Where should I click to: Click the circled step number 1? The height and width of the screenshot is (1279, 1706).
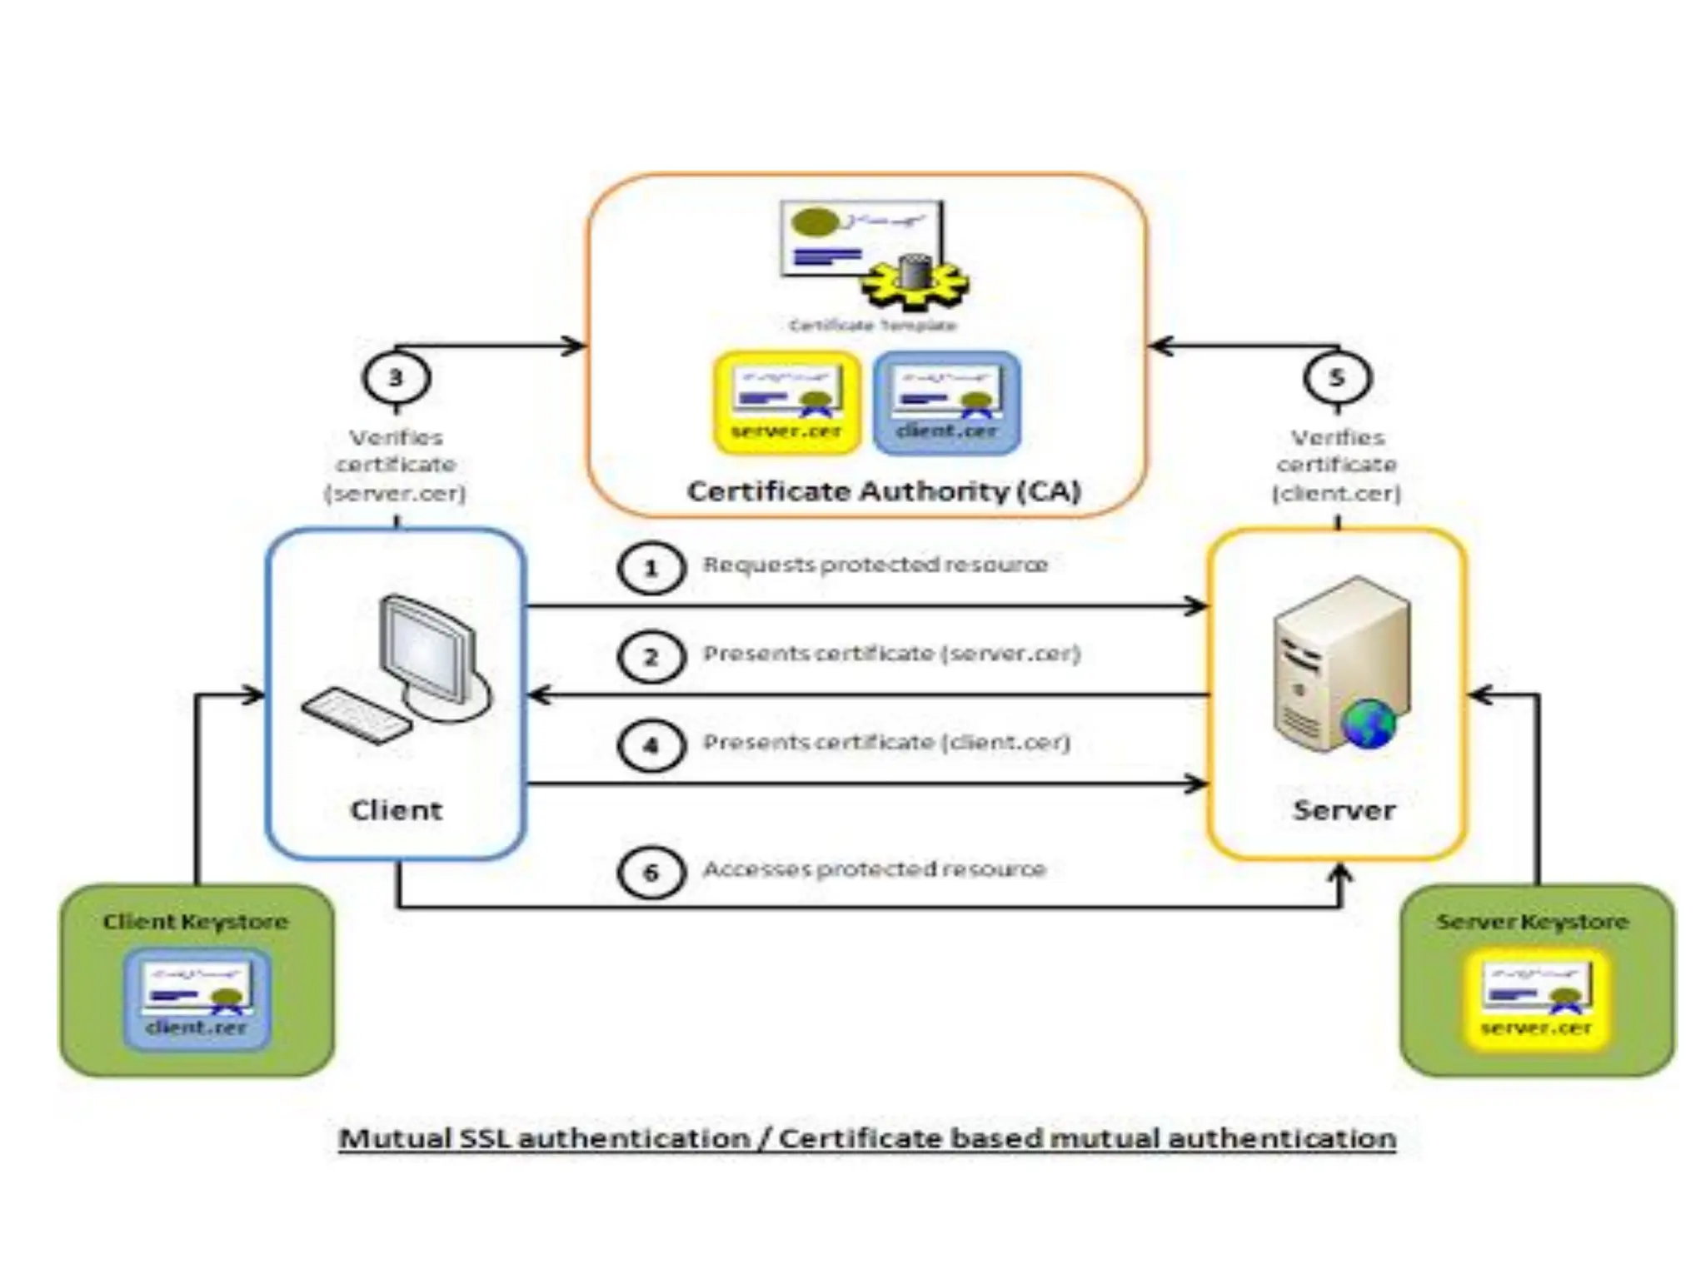click(x=651, y=568)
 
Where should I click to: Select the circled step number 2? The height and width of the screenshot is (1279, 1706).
click(x=651, y=657)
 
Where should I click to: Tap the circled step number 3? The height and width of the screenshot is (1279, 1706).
click(x=396, y=378)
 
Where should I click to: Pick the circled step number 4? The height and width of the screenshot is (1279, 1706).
click(x=651, y=745)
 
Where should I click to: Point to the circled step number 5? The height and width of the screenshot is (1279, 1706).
click(x=1337, y=378)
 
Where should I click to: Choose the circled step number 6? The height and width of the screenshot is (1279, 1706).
click(x=651, y=873)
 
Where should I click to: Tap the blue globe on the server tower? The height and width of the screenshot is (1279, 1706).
click(x=1367, y=723)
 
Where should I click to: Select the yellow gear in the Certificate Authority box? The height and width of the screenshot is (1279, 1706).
click(x=915, y=281)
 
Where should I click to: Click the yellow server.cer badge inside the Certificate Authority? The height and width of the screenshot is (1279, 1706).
click(x=786, y=403)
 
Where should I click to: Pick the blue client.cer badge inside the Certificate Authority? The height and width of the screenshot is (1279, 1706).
click(x=947, y=403)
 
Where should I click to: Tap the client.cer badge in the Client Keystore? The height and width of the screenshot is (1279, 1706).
click(x=197, y=998)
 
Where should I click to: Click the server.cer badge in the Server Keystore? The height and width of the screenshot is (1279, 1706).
click(x=1536, y=998)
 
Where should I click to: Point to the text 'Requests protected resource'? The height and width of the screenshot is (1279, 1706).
click(x=875, y=565)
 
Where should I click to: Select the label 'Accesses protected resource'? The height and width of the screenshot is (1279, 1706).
click(x=874, y=869)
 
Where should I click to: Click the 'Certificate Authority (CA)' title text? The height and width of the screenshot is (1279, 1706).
click(x=884, y=491)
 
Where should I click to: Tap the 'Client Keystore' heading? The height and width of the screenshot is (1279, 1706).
click(x=196, y=922)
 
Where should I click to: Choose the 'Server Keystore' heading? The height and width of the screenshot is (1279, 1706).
click(x=1532, y=922)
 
